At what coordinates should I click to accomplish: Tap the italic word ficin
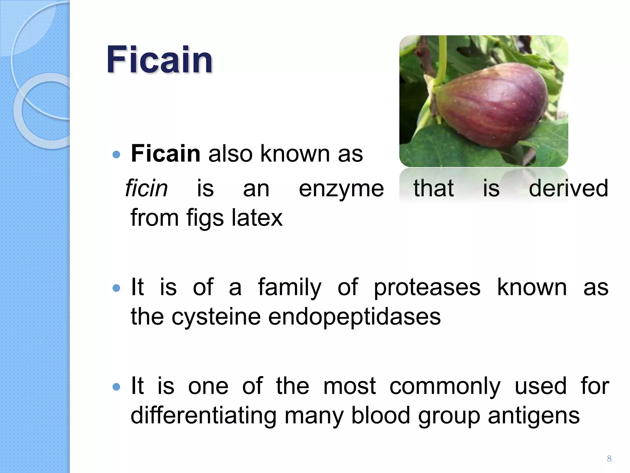(x=146, y=188)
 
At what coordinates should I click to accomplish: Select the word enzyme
(x=341, y=189)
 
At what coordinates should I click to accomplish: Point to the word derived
(x=568, y=188)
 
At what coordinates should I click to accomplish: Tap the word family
(x=289, y=288)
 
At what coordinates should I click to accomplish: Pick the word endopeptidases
(x=354, y=317)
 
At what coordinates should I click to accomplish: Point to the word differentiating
(x=203, y=416)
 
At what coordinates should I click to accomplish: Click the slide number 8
(x=609, y=459)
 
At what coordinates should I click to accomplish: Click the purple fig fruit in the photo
(x=492, y=105)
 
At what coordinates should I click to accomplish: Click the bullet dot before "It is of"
(x=116, y=288)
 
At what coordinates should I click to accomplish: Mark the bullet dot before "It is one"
(x=116, y=386)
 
